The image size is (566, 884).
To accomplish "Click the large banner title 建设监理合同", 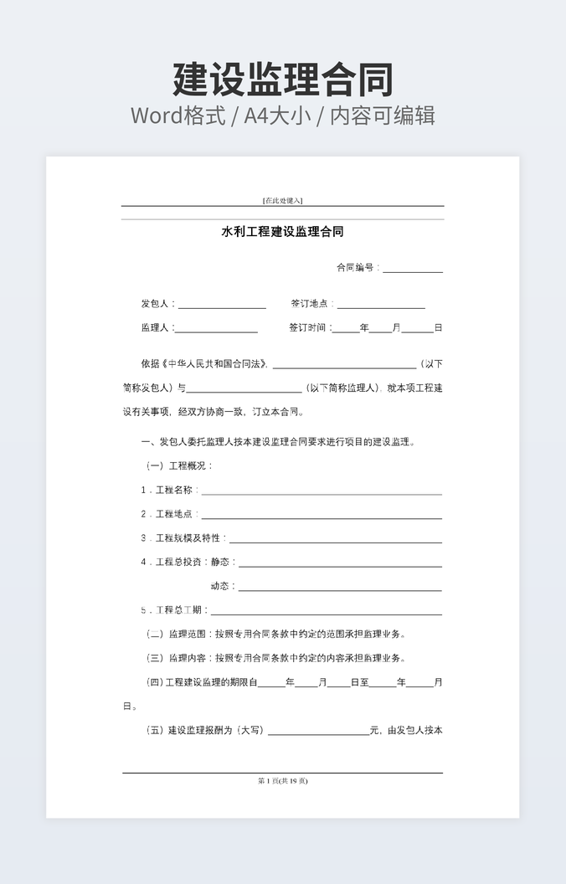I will (x=283, y=80).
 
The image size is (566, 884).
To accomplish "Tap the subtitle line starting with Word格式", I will (x=283, y=115).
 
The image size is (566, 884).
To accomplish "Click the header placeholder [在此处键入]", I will (x=282, y=200).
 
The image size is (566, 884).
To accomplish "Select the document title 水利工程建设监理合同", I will (x=282, y=232).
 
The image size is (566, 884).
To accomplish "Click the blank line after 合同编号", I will (x=413, y=269).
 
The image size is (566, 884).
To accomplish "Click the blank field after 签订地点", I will (x=381, y=305).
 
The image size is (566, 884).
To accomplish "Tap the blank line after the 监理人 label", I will (x=216, y=328).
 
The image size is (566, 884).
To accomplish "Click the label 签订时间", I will (x=309, y=328).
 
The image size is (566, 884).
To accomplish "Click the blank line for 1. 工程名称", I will (x=321, y=491).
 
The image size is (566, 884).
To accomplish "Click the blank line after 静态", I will (x=339, y=563).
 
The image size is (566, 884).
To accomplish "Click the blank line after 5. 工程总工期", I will (x=326, y=611).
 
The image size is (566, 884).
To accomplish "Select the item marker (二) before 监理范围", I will (x=155, y=635).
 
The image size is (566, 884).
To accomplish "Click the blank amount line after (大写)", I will (x=318, y=732).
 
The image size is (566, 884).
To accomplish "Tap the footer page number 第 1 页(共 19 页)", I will (x=282, y=781).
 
